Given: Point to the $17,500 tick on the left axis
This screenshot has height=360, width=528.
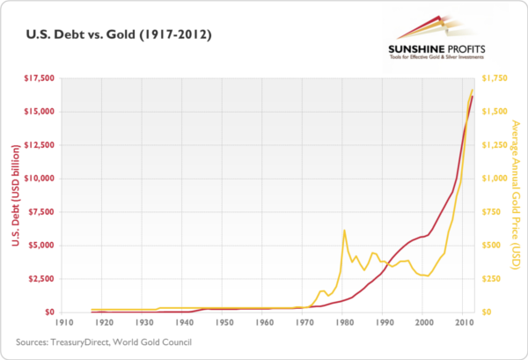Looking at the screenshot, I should click(38, 78).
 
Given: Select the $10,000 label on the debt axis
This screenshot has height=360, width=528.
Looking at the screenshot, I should click(38, 178).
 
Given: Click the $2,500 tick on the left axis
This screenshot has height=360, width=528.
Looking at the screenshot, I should click(40, 278).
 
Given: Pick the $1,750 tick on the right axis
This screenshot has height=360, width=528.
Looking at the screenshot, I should click(495, 78).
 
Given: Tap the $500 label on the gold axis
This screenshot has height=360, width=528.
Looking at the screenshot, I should click(490, 245).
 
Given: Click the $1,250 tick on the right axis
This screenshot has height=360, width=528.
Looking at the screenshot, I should click(495, 145).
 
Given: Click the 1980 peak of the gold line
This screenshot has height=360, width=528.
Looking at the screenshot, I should click(343, 231).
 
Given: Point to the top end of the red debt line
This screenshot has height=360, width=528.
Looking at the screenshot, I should click(473, 96).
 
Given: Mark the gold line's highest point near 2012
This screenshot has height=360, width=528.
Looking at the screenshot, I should click(473, 89).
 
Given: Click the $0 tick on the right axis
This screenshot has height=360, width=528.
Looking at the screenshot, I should click(484, 312).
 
